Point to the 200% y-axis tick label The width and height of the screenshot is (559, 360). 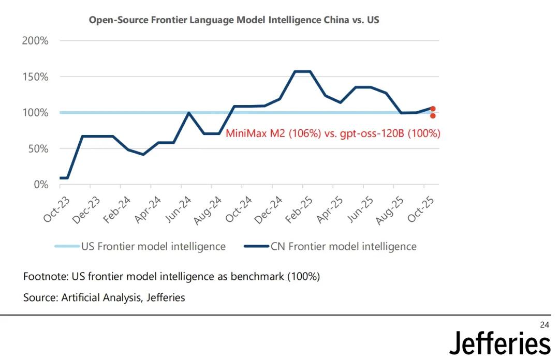point(35,41)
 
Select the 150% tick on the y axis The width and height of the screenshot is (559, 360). point(35,77)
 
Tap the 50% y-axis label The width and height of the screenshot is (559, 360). point(37,149)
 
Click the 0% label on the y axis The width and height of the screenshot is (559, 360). point(40,185)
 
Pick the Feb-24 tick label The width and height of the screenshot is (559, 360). point(117,209)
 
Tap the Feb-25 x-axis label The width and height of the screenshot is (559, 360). point(299,209)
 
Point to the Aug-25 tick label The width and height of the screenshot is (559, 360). point(390,209)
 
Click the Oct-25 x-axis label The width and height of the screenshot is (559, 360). point(420,209)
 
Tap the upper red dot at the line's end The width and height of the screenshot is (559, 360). point(433,109)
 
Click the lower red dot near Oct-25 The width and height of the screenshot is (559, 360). point(433,116)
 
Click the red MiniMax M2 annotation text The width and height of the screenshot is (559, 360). point(333,133)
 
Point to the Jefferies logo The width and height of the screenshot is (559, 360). point(499,343)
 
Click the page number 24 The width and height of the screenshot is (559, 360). point(544,325)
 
